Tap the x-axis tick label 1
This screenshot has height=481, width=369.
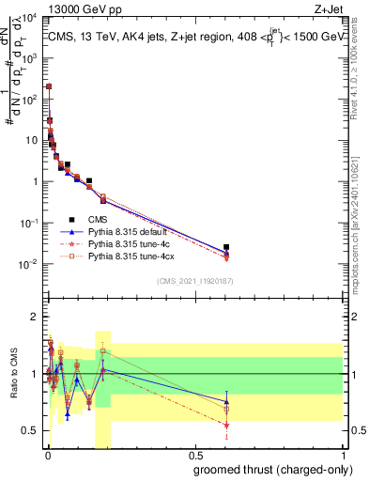[x=346, y=456]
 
